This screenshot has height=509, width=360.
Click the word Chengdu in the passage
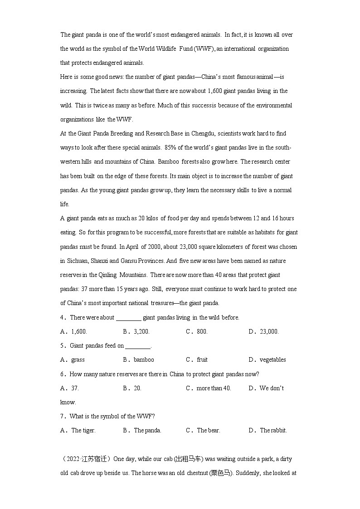click(x=205, y=134)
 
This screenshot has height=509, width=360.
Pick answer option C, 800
click(x=202, y=331)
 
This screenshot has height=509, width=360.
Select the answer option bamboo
click(x=144, y=359)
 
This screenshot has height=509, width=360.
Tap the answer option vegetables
click(x=272, y=359)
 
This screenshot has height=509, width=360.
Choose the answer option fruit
click(x=202, y=359)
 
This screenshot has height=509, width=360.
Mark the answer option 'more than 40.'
click(x=214, y=388)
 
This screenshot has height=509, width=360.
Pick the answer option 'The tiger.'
click(x=83, y=430)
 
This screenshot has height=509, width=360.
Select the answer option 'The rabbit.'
click(x=273, y=430)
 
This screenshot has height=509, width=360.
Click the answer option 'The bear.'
click(x=209, y=430)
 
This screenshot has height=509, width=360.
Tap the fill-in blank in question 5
click(x=138, y=346)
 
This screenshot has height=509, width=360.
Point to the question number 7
click(x=62, y=416)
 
